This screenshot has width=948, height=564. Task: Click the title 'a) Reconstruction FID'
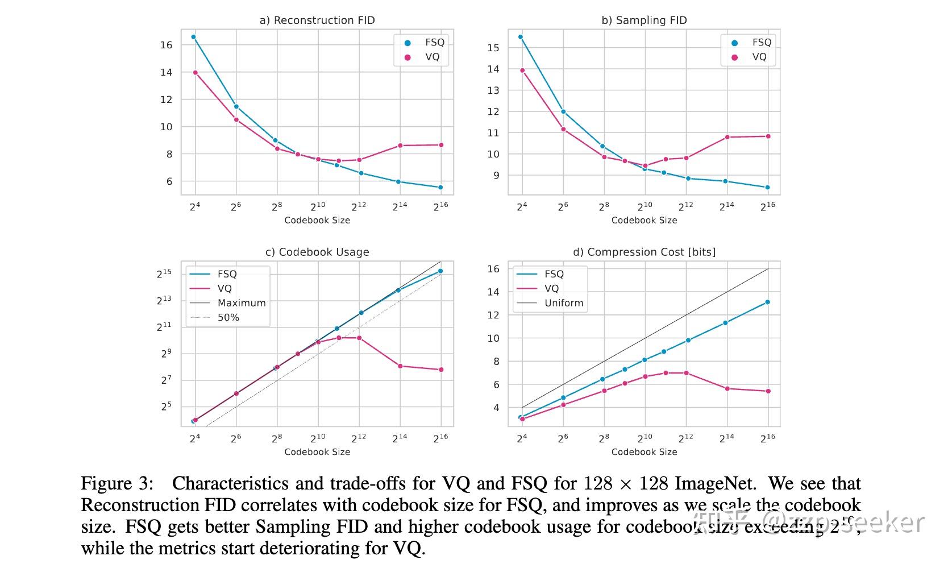[317, 20]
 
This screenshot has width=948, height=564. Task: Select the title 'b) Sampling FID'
[644, 20]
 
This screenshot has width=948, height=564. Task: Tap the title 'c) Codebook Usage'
[317, 252]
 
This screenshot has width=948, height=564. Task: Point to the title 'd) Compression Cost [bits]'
[644, 252]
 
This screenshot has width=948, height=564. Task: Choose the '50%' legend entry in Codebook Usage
[228, 317]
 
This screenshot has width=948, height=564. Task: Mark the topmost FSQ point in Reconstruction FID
[193, 37]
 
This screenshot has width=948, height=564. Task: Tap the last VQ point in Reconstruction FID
[441, 145]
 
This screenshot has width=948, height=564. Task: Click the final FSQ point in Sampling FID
[768, 188]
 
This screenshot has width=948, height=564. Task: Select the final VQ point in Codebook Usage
[441, 370]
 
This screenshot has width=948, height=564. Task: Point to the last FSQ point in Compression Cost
[768, 302]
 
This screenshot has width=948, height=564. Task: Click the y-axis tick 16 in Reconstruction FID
[166, 45]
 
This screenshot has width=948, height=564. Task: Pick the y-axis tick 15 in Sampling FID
[493, 48]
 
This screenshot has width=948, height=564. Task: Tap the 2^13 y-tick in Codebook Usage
[164, 300]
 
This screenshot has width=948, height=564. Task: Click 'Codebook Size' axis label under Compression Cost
[644, 452]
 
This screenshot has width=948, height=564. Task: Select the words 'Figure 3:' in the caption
[117, 484]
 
